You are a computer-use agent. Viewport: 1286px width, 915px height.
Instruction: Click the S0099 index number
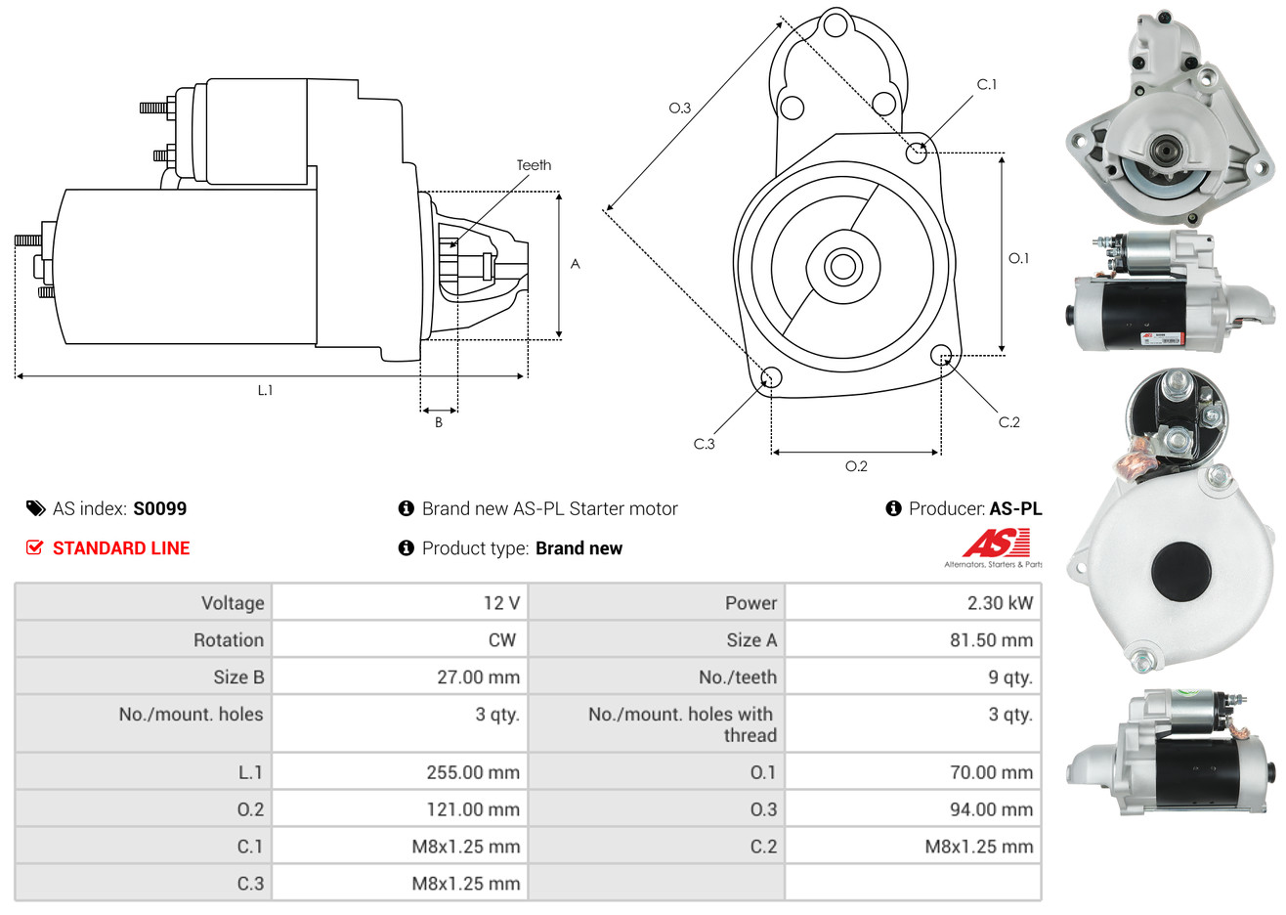coord(159,508)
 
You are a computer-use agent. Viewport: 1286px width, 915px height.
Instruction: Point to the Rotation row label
coord(228,640)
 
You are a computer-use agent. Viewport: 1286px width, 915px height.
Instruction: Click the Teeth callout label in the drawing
coord(534,165)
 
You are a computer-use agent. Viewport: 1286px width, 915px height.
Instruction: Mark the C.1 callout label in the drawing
coord(987,85)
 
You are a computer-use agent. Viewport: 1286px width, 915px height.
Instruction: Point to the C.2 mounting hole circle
coord(941,354)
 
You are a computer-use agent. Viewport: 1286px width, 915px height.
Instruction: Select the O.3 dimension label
coord(679,108)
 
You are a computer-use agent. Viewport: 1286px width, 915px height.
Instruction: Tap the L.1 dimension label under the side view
coord(265,390)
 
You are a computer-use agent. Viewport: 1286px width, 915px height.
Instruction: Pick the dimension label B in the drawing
coord(439,422)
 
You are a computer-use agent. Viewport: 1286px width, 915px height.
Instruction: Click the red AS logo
coord(996,543)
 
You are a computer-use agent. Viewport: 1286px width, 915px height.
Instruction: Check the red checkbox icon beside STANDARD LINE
coord(34,547)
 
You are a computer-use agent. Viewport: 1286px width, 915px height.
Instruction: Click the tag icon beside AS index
coord(35,508)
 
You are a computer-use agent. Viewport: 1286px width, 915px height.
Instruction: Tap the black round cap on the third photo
coord(1181,571)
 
